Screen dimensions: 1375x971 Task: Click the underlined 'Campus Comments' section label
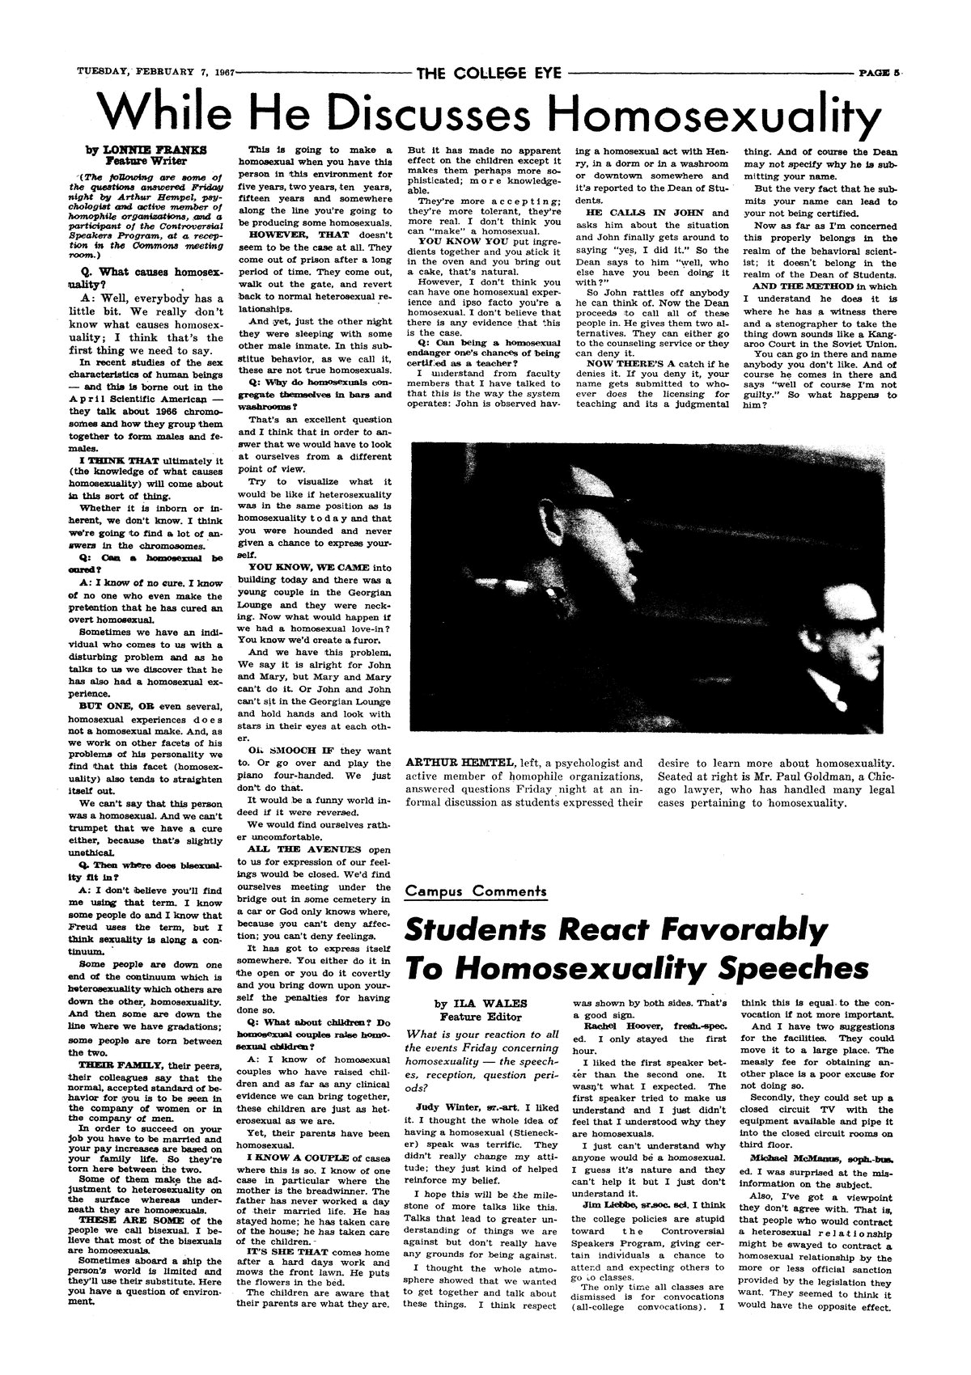(476, 891)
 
